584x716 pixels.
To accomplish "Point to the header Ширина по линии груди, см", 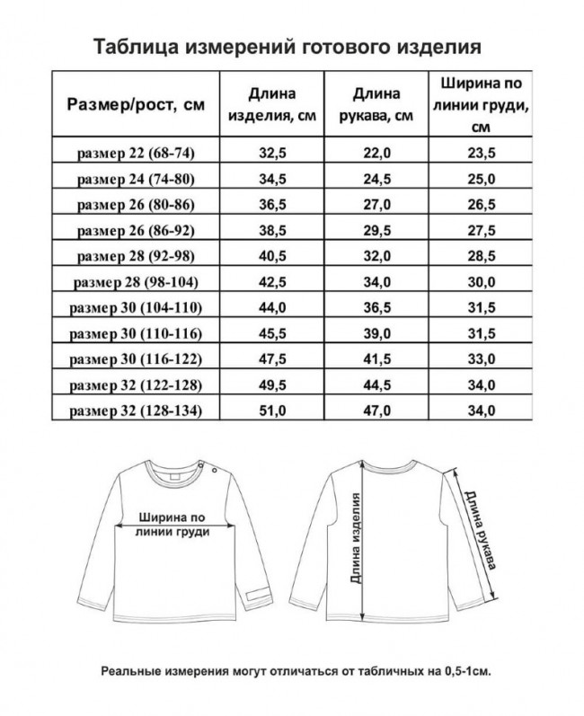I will (x=484, y=104).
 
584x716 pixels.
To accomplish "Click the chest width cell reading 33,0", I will (x=484, y=359).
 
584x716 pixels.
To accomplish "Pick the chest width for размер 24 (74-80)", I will (x=484, y=179).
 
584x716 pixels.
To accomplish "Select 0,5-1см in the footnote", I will (x=464, y=671).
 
